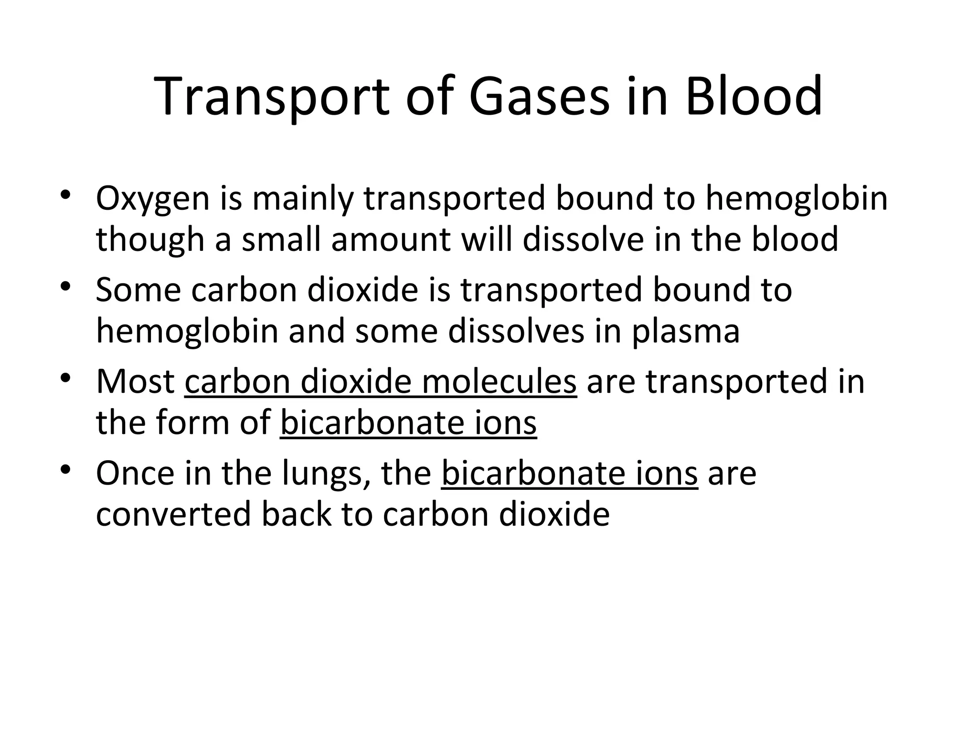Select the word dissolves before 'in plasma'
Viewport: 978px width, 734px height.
point(516,331)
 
